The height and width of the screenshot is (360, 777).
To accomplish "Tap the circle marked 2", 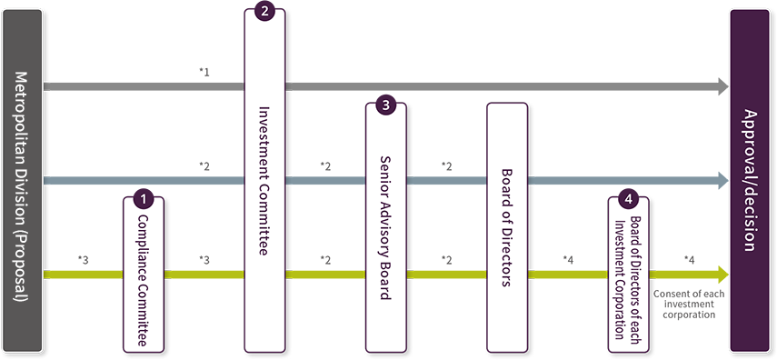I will tap(264, 12).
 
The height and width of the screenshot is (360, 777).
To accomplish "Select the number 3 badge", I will tap(385, 105).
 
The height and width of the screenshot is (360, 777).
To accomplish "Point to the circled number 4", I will tap(628, 197).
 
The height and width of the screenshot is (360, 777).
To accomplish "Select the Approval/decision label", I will tap(752, 179).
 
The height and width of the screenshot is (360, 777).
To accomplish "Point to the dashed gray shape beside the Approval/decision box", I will tap(692, 311).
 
